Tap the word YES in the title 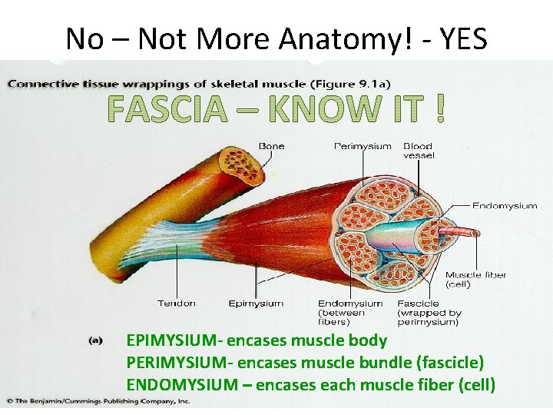pyautogui.click(x=461, y=38)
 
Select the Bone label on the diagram pyautogui.click(x=271, y=146)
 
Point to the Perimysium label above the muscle pyautogui.click(x=362, y=146)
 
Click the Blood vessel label pyautogui.click(x=419, y=151)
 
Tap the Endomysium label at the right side pyautogui.click(x=504, y=205)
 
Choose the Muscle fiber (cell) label pyautogui.click(x=475, y=280)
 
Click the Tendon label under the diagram pyautogui.click(x=175, y=304)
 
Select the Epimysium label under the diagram pyautogui.click(x=256, y=304)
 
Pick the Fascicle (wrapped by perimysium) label pyautogui.click(x=429, y=313)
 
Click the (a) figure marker pyautogui.click(x=96, y=340)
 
